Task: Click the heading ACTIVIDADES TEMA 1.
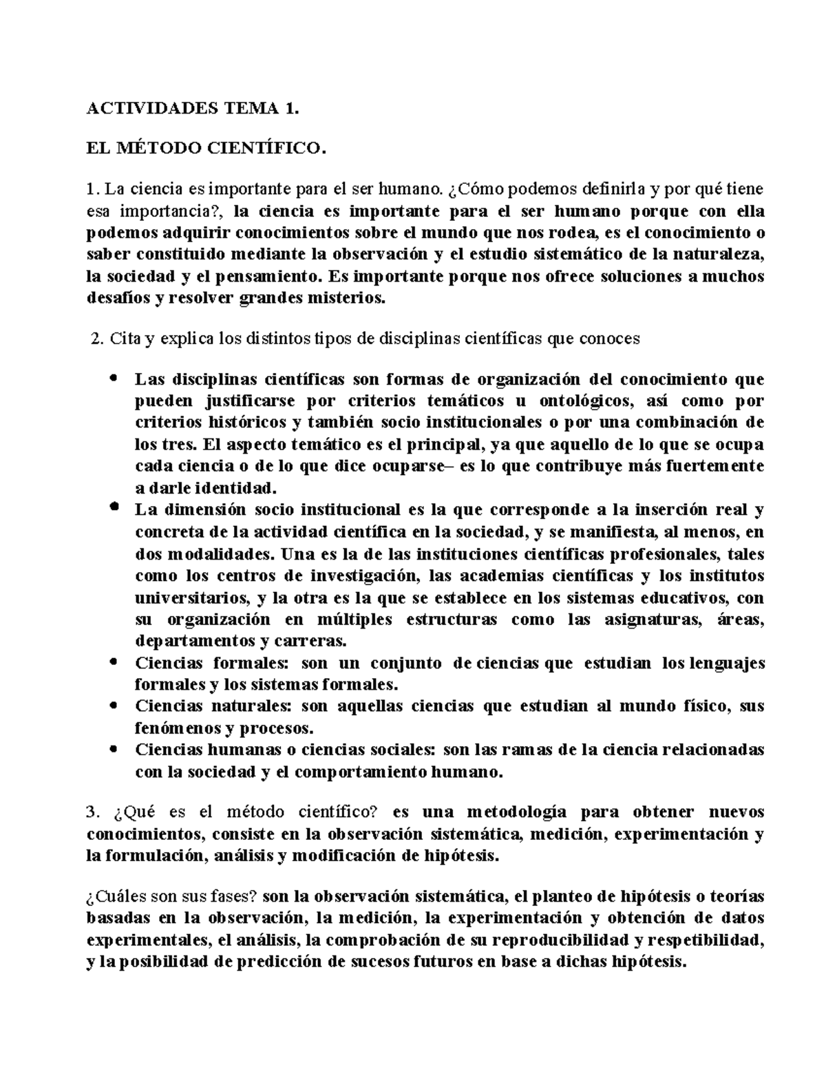tap(193, 108)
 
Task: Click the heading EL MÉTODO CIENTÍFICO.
tap(204, 148)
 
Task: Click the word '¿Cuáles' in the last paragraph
tap(111, 897)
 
